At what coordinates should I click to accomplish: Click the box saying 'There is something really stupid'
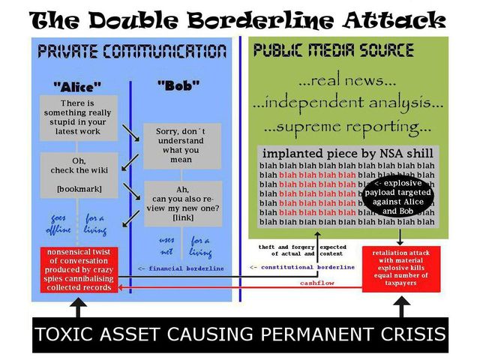pyautogui.click(x=79, y=116)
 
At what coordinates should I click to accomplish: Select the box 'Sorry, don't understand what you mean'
pyautogui.click(x=178, y=145)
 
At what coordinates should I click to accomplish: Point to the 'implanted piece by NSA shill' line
pyautogui.click(x=346, y=153)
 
